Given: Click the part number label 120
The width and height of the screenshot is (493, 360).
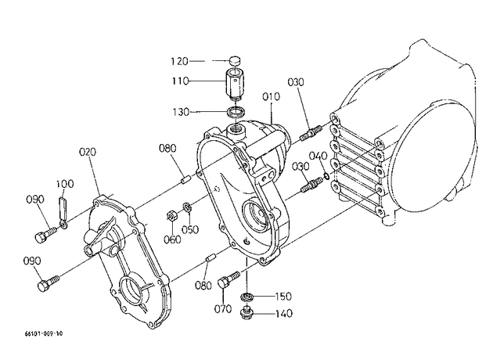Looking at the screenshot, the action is click(x=179, y=61).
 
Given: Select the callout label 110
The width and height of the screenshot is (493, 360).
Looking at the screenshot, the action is click(x=180, y=81).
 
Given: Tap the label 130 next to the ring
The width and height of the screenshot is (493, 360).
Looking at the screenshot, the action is click(x=181, y=112).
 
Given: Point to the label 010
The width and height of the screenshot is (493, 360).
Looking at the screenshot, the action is click(x=271, y=96).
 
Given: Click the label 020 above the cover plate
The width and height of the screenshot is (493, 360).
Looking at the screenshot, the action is click(x=88, y=152).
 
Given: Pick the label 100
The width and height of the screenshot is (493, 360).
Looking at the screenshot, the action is click(x=65, y=184).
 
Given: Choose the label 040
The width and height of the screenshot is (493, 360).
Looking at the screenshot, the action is click(x=318, y=156).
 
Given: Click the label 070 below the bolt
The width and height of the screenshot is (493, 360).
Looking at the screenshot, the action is click(x=223, y=309).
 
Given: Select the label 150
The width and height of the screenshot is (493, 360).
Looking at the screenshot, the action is click(x=283, y=297).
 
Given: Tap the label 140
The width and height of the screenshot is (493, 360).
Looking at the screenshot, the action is click(x=284, y=314).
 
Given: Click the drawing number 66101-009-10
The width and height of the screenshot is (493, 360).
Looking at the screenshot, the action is click(x=44, y=333).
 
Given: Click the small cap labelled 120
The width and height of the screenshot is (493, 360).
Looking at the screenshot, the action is click(x=234, y=60).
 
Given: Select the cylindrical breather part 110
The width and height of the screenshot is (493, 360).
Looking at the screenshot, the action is click(x=234, y=85).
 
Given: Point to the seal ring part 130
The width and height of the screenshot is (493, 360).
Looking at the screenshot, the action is click(x=236, y=112).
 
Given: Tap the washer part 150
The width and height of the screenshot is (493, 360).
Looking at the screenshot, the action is click(x=246, y=296).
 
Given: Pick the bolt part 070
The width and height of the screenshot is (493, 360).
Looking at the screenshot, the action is click(x=229, y=279).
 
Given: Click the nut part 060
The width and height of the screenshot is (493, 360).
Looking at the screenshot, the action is click(x=171, y=216).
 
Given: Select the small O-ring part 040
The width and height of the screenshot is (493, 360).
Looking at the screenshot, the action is click(x=327, y=176).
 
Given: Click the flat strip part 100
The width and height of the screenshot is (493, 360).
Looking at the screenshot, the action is click(x=63, y=208).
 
